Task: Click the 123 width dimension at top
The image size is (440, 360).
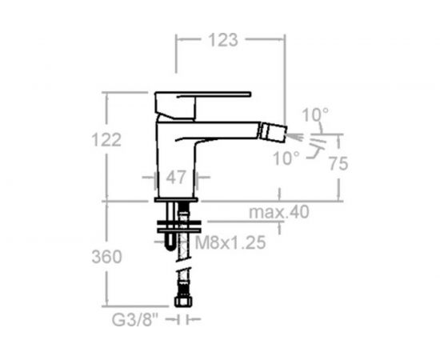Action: click(x=223, y=40)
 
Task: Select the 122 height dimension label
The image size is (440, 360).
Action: click(x=106, y=139)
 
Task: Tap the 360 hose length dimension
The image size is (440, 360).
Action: click(x=106, y=257)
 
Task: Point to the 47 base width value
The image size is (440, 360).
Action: click(x=176, y=178)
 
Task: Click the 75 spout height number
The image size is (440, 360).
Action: click(x=338, y=163)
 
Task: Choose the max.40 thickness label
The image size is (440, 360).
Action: click(x=279, y=212)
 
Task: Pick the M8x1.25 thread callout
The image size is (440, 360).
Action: click(x=230, y=242)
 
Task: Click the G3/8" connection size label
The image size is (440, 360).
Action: click(x=135, y=319)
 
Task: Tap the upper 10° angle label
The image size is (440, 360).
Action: click(x=315, y=114)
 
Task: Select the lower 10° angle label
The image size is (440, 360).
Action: click(x=286, y=158)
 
